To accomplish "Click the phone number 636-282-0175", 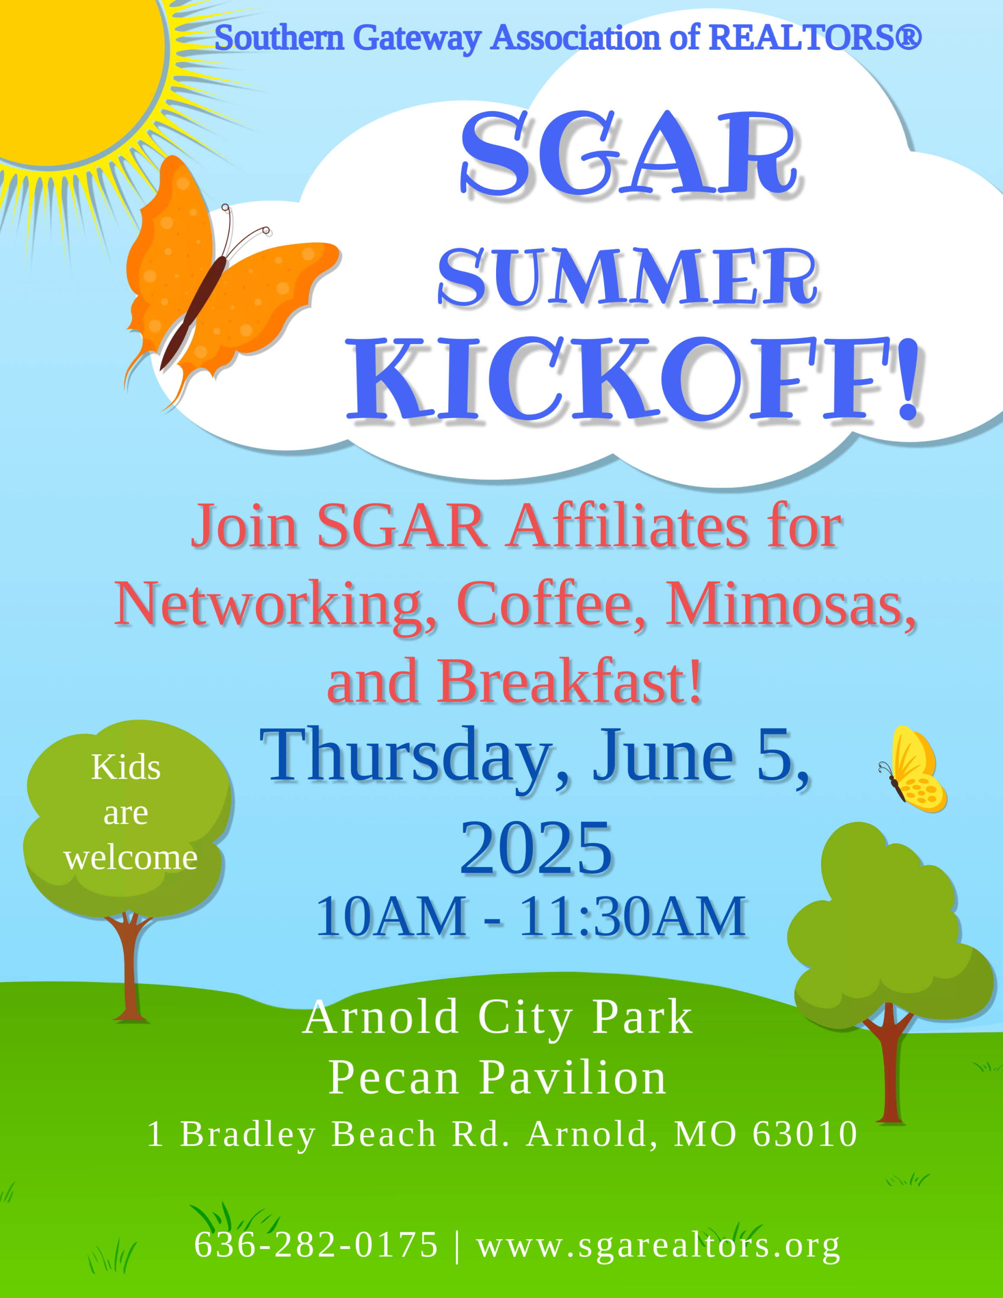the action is (316, 1244).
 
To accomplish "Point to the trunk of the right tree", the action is (890, 1064).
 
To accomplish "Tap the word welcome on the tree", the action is (131, 858).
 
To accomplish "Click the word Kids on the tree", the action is (126, 767).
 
